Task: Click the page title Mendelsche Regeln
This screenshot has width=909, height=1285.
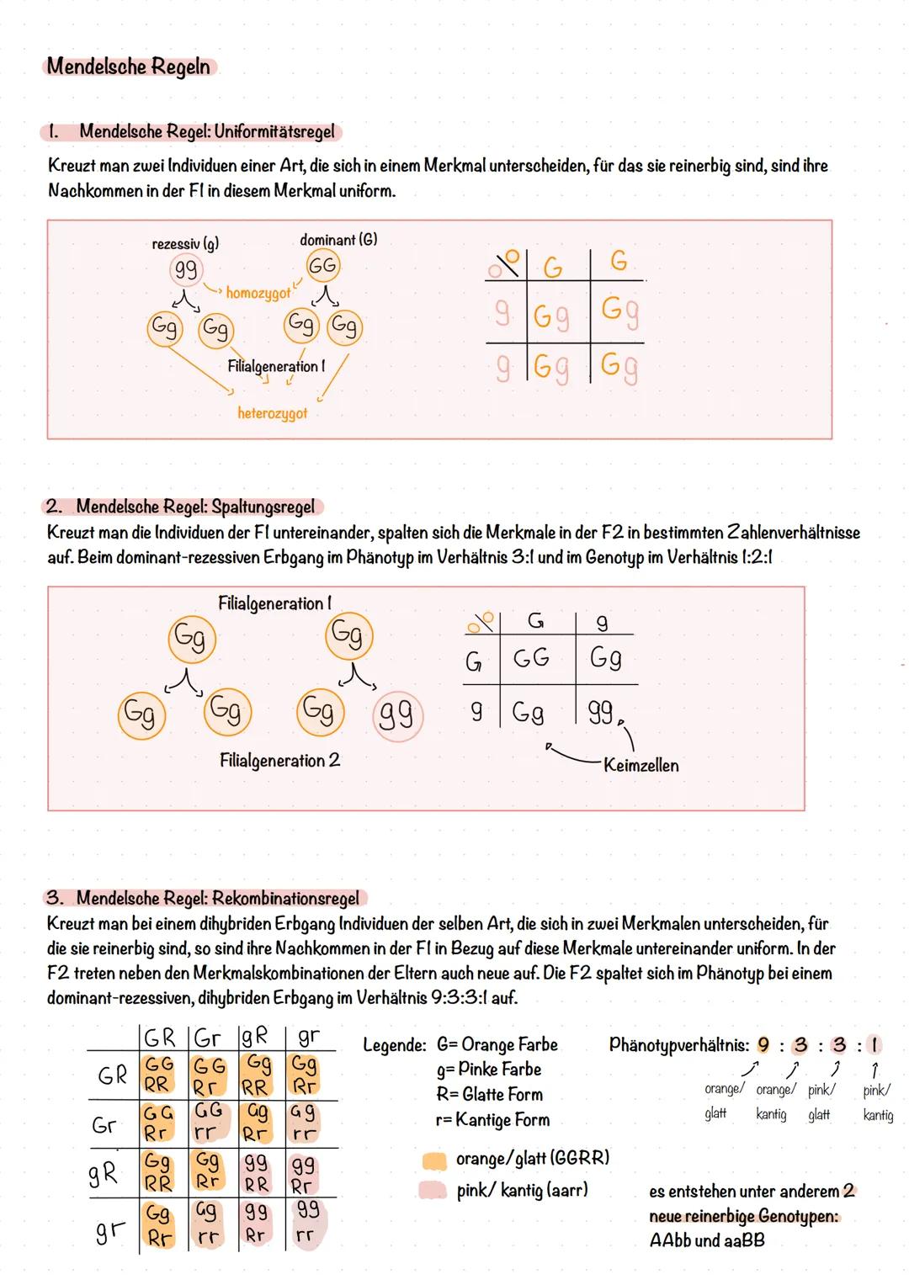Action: [128, 66]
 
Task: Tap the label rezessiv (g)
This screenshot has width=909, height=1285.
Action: [185, 244]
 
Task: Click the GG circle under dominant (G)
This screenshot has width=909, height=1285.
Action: [322, 266]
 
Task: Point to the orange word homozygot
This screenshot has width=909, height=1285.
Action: [258, 294]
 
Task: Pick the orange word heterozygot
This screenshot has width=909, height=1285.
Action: [272, 413]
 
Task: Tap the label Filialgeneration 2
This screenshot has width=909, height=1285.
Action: [279, 761]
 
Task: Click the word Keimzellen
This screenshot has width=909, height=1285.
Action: [641, 766]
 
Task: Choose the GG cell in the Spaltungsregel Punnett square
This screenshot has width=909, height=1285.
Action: [531, 657]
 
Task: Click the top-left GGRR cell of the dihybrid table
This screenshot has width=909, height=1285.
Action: [157, 1074]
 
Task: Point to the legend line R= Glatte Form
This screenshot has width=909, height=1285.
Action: [490, 1095]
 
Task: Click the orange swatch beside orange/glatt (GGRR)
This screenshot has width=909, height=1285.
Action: [433, 1160]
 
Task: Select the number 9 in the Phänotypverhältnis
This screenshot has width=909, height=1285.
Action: [763, 1045]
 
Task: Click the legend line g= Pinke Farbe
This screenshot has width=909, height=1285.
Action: [489, 1070]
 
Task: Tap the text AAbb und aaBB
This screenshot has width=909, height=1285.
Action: [707, 1240]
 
